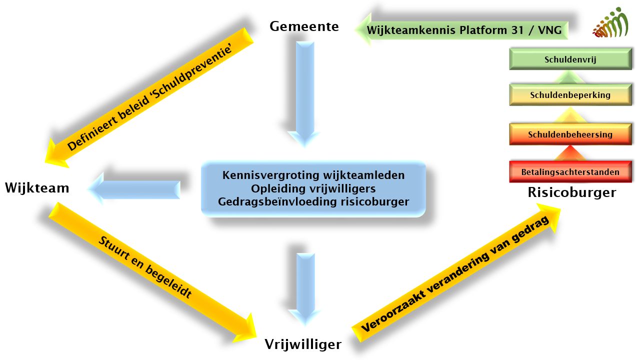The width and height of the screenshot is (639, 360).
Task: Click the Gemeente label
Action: tap(304, 26)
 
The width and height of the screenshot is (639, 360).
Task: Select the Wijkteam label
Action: tap(37, 188)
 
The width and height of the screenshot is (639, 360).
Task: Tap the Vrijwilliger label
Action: tap(303, 344)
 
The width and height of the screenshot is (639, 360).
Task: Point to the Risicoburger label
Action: tap(571, 192)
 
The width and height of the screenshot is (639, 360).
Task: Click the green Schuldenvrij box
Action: tap(570, 60)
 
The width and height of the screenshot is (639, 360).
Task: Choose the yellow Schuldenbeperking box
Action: tap(570, 95)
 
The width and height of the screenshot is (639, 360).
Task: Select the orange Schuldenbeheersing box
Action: tap(570, 134)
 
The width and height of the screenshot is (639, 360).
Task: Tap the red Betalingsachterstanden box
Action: tap(570, 172)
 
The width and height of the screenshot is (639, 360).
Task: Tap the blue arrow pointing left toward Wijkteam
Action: tap(135, 189)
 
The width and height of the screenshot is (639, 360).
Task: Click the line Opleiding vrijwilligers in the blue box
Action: tap(313, 189)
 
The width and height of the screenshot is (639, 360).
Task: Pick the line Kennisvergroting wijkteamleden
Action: tap(313, 176)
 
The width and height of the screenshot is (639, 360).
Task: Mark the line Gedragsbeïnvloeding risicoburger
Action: tap(313, 202)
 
